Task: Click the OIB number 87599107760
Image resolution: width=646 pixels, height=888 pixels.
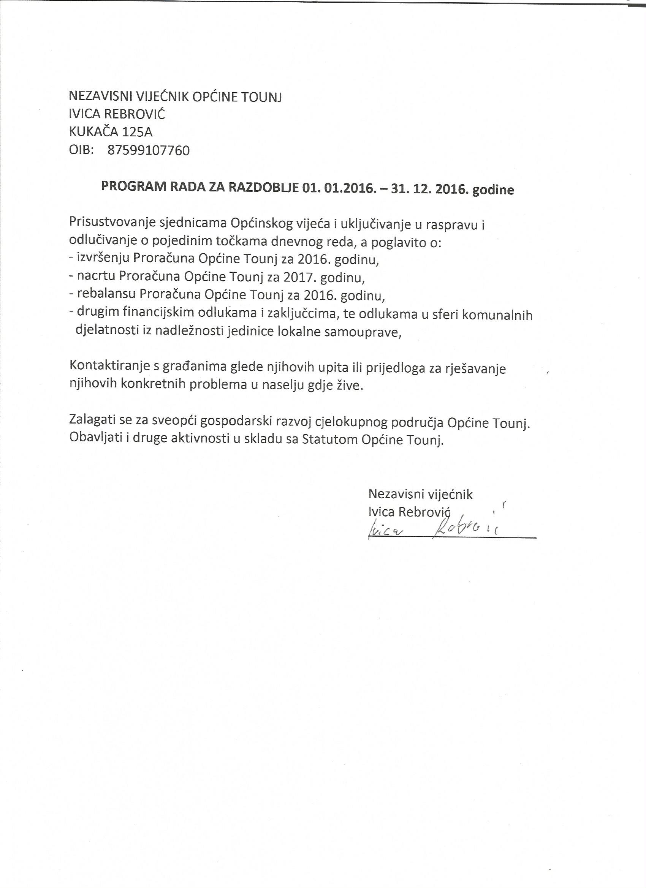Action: pyautogui.click(x=148, y=150)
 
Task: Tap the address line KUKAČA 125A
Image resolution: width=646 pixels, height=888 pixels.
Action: pyautogui.click(x=111, y=132)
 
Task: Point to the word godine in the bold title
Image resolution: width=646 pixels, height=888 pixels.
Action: pyautogui.click(x=493, y=190)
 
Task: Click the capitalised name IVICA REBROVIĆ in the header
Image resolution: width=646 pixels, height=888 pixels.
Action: pyautogui.click(x=117, y=114)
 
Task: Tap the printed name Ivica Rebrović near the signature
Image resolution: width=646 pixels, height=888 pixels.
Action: pyautogui.click(x=410, y=512)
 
